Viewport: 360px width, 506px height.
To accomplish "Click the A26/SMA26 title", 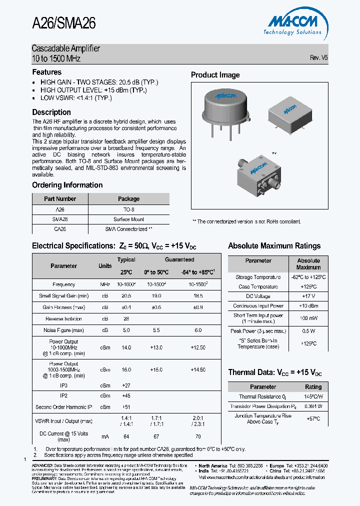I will [63, 23].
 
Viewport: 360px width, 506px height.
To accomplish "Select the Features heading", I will [47, 72].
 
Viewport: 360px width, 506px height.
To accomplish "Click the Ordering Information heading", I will [67, 185].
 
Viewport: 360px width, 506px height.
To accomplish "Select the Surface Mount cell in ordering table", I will [128, 219].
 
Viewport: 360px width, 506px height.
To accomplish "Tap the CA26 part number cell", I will [60, 229].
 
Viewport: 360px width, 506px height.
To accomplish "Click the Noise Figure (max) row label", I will [64, 330].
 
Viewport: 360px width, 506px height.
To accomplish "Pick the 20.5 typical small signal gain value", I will [126, 296].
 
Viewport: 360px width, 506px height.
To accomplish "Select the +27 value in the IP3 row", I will [126, 386].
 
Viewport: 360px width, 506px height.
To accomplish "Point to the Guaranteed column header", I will [179, 259].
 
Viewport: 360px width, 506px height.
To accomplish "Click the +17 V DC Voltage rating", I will [308, 296].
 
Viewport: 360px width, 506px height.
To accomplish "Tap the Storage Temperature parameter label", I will [258, 277].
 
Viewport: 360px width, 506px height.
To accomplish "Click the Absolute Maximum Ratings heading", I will [274, 246].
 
